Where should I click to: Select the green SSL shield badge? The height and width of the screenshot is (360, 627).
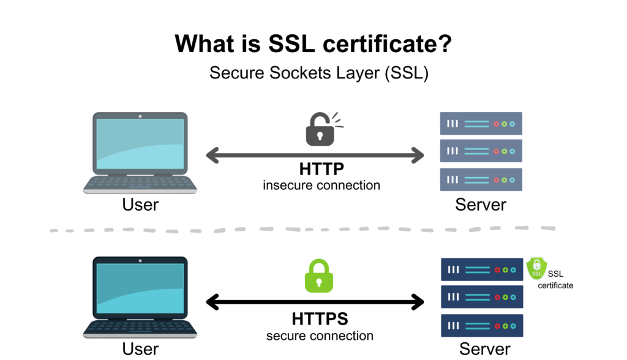click(x=536, y=269)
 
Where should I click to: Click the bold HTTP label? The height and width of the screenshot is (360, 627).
click(x=321, y=169)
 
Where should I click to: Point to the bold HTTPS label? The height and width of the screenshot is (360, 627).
click(x=320, y=319)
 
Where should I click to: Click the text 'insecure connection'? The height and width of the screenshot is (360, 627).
click(x=321, y=185)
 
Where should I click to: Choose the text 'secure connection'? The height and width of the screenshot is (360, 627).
click(x=320, y=336)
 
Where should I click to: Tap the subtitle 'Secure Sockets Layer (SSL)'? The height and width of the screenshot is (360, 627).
click(x=318, y=73)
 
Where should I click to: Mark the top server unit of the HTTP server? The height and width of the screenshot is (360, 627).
click(x=481, y=124)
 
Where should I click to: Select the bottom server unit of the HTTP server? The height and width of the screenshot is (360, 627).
click(x=481, y=179)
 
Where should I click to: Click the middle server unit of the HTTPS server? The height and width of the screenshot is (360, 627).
click(x=482, y=297)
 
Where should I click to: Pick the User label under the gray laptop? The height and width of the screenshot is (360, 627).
click(x=140, y=204)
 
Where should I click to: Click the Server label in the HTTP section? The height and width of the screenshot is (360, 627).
click(x=481, y=204)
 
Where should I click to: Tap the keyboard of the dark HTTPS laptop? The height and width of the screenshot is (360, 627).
click(x=140, y=326)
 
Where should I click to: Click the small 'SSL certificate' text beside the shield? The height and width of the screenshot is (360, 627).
click(x=555, y=280)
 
